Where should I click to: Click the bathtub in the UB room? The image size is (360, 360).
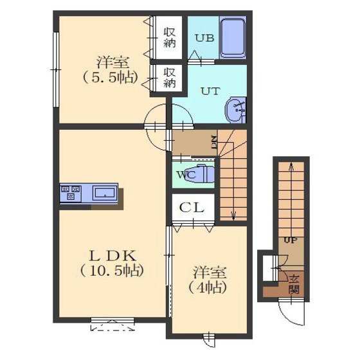(x=233, y=38)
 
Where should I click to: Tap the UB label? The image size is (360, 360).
(x=204, y=38)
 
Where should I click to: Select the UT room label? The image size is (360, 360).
(x=211, y=91)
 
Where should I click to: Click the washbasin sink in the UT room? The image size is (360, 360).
(x=235, y=110)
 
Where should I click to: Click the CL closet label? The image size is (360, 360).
(x=192, y=208)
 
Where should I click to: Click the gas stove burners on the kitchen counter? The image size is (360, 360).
(x=71, y=192)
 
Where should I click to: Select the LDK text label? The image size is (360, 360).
(x=113, y=256)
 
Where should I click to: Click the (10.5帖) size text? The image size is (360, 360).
(x=112, y=270)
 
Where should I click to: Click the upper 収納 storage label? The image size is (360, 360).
(x=170, y=37)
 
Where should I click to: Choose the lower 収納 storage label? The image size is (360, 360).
(x=170, y=77)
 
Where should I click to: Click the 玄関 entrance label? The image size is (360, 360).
(x=294, y=284)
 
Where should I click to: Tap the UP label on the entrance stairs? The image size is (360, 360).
(x=291, y=240)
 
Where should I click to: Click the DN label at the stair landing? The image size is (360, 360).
(x=214, y=143)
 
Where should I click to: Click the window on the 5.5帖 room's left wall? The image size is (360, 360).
(x=56, y=69)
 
